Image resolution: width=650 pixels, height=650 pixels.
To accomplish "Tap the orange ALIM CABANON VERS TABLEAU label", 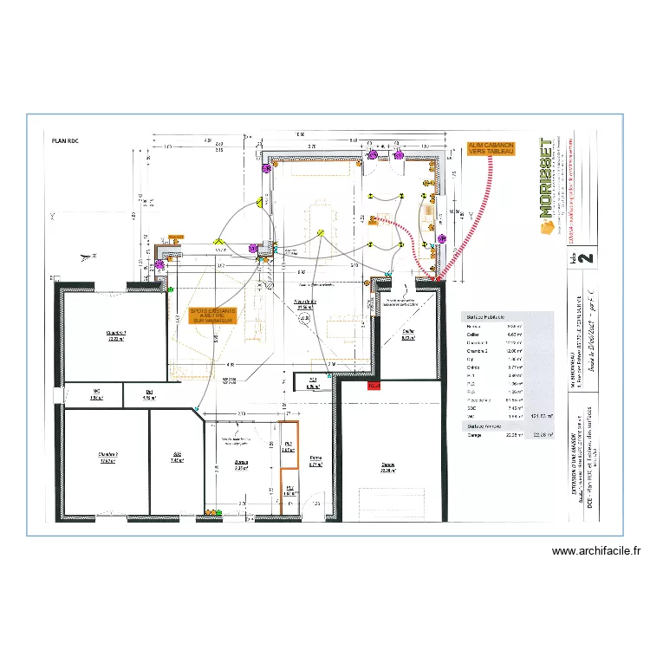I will tap(491, 148).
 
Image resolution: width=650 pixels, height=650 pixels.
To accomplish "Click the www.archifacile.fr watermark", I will tap(595, 551).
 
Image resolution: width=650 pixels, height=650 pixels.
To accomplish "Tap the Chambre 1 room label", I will tap(116, 335).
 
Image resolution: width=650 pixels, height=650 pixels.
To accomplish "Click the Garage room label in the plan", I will tap(387, 466).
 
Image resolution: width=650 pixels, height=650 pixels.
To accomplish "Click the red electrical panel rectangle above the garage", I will tap(374, 386).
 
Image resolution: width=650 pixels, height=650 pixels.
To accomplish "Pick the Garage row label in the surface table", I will tap(476, 436).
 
